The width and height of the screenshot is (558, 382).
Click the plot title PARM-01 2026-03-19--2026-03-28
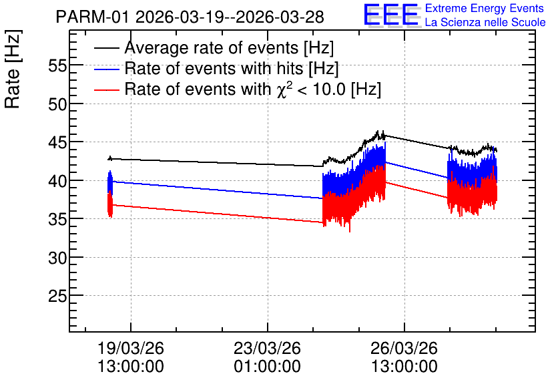(190, 17)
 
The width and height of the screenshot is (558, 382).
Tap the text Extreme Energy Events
(485, 8)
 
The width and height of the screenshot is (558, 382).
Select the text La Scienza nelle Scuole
(485, 22)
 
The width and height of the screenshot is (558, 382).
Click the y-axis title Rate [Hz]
(13, 69)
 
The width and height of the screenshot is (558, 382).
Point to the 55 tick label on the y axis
(57, 66)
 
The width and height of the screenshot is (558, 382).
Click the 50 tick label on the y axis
(57, 104)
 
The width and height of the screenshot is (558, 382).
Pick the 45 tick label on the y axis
(57, 143)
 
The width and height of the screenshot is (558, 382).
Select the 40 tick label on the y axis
(57, 181)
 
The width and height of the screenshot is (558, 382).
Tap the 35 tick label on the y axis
(57, 220)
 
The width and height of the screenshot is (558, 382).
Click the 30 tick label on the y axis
(57, 258)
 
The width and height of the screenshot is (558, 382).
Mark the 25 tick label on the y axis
(57, 297)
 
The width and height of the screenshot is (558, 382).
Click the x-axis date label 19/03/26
(131, 348)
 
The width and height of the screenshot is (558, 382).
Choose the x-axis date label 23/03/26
(267, 348)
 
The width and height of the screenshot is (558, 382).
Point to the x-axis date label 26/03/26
(404, 348)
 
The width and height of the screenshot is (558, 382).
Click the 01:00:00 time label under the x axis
(267, 366)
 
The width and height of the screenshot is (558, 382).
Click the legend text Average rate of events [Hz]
(229, 48)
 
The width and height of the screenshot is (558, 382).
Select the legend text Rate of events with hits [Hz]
(232, 68)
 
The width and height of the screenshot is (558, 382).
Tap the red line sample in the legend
(107, 89)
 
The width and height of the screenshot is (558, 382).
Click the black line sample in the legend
(107, 48)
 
